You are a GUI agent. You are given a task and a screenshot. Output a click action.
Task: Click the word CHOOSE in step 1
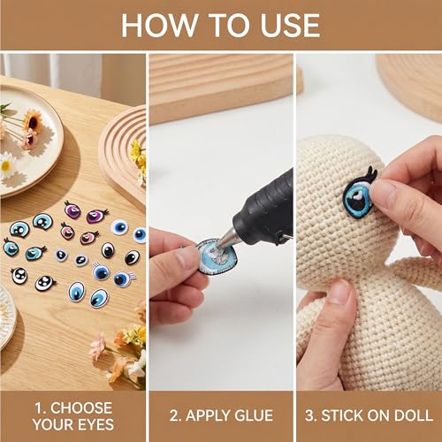point(81,408)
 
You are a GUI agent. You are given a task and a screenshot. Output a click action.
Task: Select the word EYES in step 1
point(96,424)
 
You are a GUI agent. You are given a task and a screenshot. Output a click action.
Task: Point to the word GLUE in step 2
point(255,415)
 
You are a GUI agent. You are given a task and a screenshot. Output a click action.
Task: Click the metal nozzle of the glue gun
point(227,238)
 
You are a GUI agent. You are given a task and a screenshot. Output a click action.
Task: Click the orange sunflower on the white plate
point(33,121)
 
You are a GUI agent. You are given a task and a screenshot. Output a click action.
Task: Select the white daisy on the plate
point(7,165)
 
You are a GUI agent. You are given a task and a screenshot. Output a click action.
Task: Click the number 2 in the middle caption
point(173,415)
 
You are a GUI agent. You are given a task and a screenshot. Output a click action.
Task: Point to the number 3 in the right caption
point(310,415)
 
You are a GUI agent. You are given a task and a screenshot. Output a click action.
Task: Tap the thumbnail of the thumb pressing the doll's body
point(339,293)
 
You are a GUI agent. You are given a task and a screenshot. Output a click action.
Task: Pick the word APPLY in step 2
point(209,415)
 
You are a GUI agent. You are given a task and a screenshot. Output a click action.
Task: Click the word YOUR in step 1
point(54,424)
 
